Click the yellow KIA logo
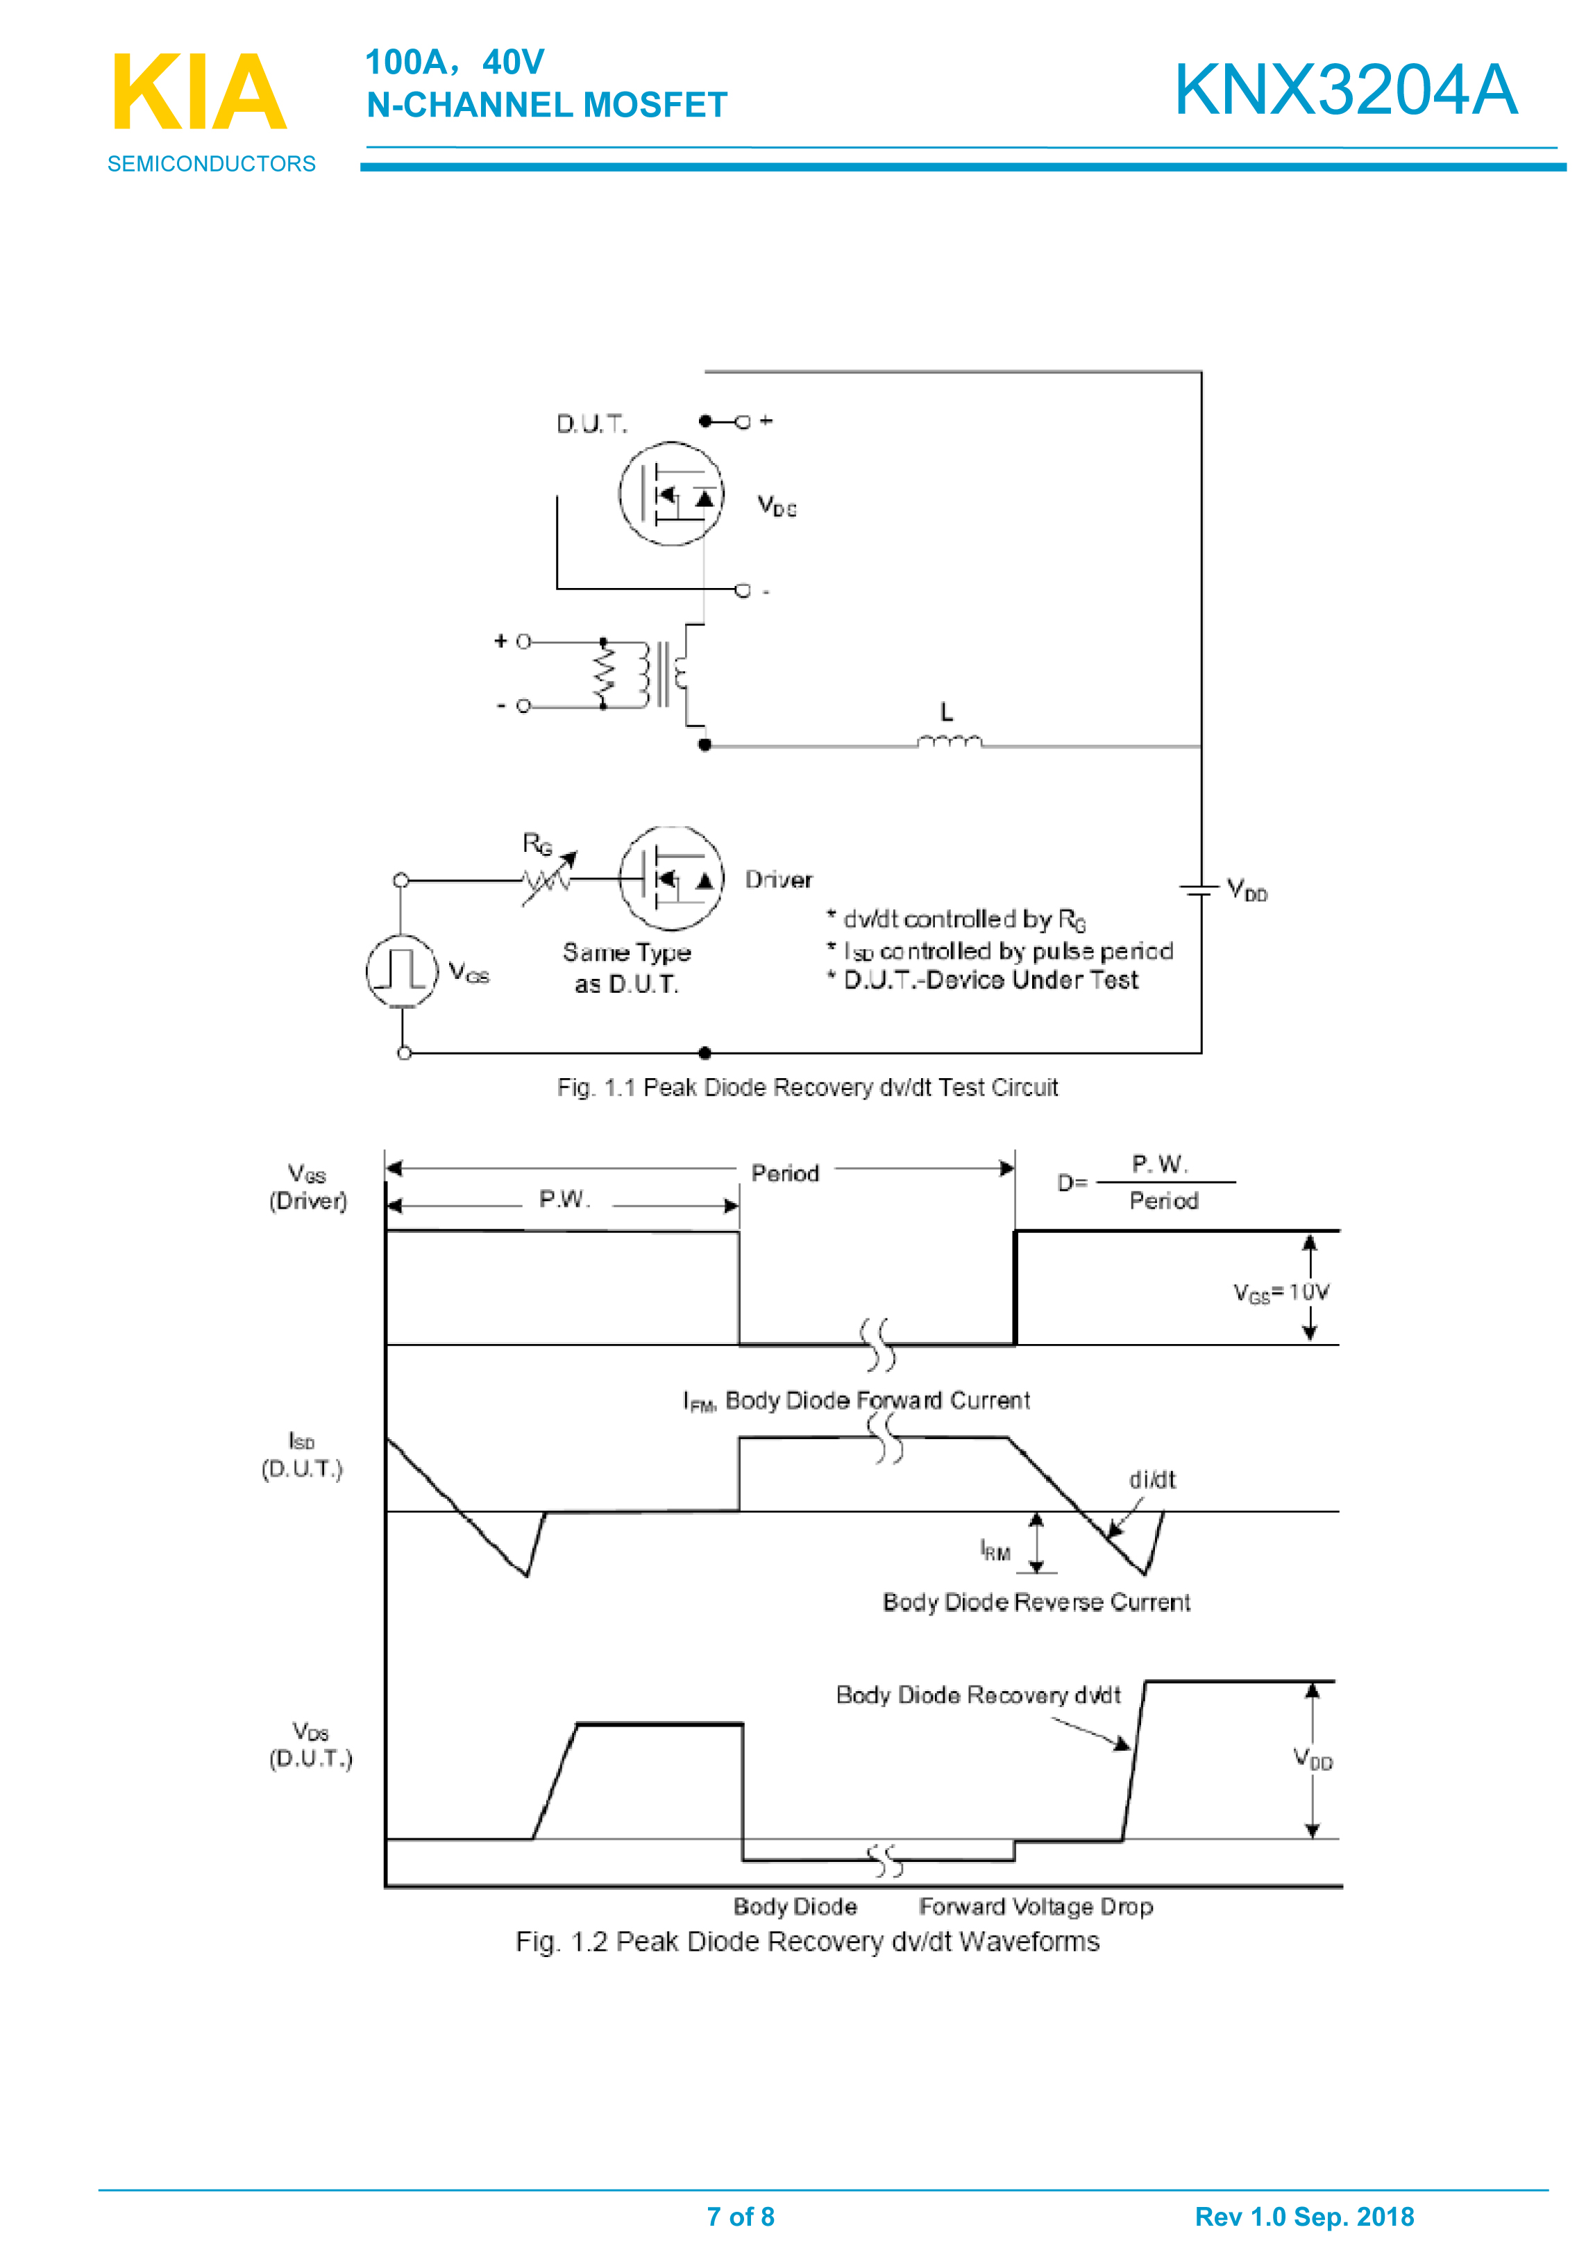pyautogui.click(x=200, y=93)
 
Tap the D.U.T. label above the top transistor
pyautogui.click(x=591, y=423)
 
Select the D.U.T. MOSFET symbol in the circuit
pyautogui.click(x=671, y=494)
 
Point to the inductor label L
pyautogui.click(x=945, y=712)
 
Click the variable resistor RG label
pyautogui.click(x=537, y=843)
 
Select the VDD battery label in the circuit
pyautogui.click(x=1246, y=890)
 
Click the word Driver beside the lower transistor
pyautogui.click(x=778, y=880)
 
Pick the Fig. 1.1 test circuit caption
pyautogui.click(x=807, y=1087)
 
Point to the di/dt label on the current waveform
pyautogui.click(x=1152, y=1479)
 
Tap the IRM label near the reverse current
pyautogui.click(x=995, y=1550)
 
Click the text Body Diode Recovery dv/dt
pyautogui.click(x=978, y=1695)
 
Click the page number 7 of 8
pyautogui.click(x=741, y=2217)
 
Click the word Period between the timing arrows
pyautogui.click(x=784, y=1173)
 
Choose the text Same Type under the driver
pyautogui.click(x=627, y=952)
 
